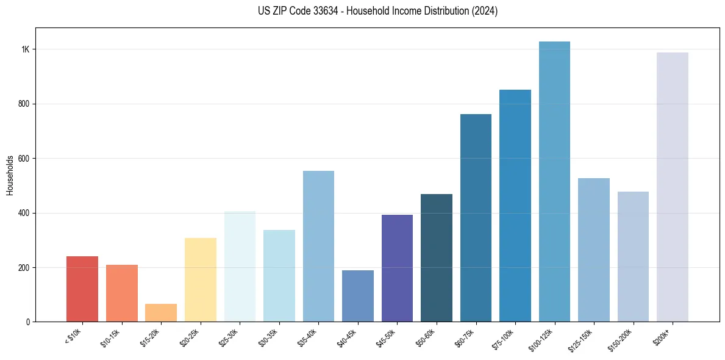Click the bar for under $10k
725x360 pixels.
82,289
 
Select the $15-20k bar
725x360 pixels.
161,312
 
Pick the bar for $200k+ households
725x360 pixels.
673,187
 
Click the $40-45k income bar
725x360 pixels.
358,296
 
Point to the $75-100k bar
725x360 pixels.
515,206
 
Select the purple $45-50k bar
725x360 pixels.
397,268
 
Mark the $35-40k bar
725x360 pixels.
318,247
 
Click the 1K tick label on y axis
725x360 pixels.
26,49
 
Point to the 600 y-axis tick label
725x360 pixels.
24,159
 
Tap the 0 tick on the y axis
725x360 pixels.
28,322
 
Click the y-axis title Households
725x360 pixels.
10,175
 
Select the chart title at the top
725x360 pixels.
378,11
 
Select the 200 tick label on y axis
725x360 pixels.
24,268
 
